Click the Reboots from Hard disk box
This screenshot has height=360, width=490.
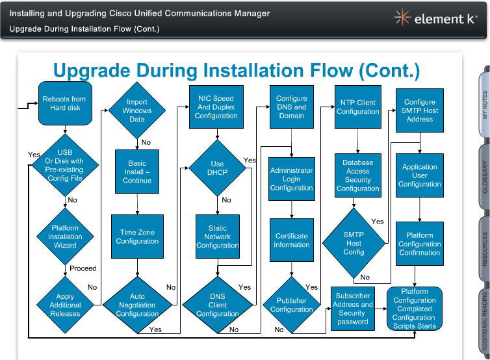(64, 103)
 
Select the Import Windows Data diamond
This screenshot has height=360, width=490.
(137, 110)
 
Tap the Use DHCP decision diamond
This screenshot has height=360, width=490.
(217, 168)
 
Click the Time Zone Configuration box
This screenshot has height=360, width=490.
(137, 237)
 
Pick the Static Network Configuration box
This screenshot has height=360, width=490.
(218, 237)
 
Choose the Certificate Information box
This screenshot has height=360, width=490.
(291, 240)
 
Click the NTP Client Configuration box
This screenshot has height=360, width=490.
(357, 107)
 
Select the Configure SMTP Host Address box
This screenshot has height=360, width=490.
(419, 110)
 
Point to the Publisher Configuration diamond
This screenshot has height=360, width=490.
(291, 305)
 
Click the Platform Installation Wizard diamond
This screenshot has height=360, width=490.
(65, 237)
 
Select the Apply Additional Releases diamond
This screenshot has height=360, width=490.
(65, 305)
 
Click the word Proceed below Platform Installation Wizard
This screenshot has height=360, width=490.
(83, 268)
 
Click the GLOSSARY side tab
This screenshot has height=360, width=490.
(485, 177)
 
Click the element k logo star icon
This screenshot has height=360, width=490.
(403, 18)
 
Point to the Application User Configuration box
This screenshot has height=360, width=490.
(419, 175)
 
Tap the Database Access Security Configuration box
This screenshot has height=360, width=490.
(357, 175)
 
